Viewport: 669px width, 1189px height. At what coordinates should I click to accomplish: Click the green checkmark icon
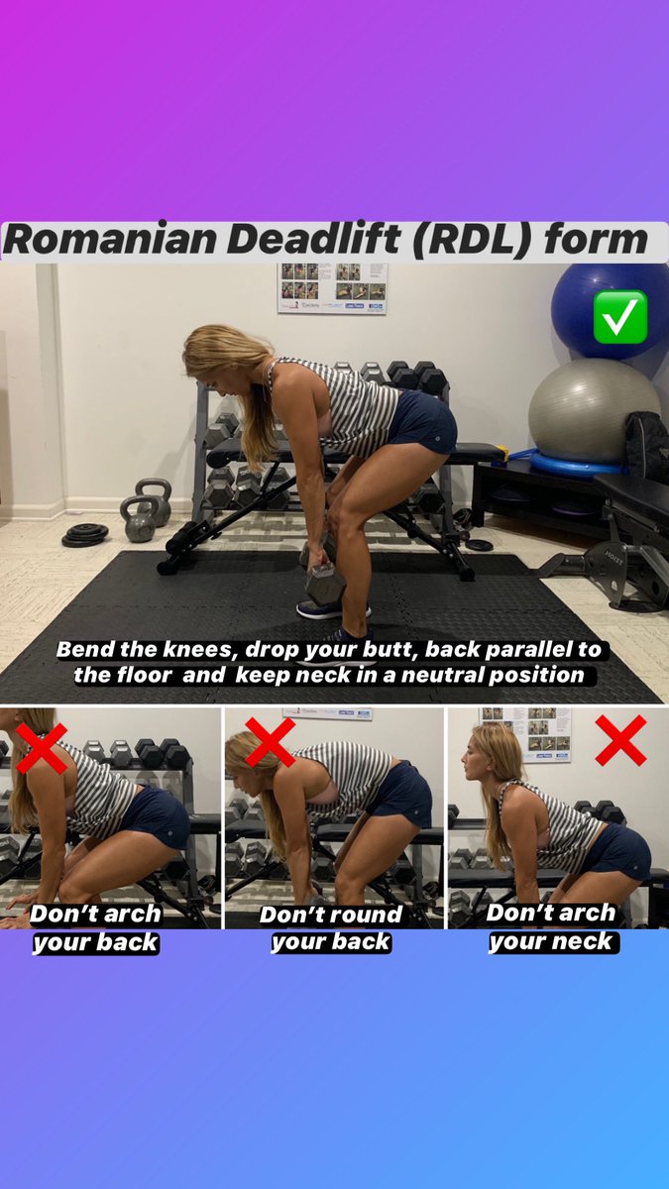(x=619, y=316)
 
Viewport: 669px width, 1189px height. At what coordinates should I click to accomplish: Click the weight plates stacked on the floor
(x=85, y=535)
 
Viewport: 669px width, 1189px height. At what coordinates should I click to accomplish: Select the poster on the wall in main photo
(x=332, y=287)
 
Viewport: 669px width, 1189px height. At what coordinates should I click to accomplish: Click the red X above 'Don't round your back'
(x=270, y=742)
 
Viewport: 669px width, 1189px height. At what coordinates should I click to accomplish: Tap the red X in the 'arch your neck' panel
(x=620, y=740)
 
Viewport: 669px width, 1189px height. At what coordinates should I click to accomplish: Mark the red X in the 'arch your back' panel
(x=42, y=749)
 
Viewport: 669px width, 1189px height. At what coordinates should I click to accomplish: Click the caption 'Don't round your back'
(x=331, y=928)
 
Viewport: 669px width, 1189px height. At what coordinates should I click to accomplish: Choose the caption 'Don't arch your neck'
(x=552, y=926)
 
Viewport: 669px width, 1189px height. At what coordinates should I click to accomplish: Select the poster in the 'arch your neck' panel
(x=540, y=734)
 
